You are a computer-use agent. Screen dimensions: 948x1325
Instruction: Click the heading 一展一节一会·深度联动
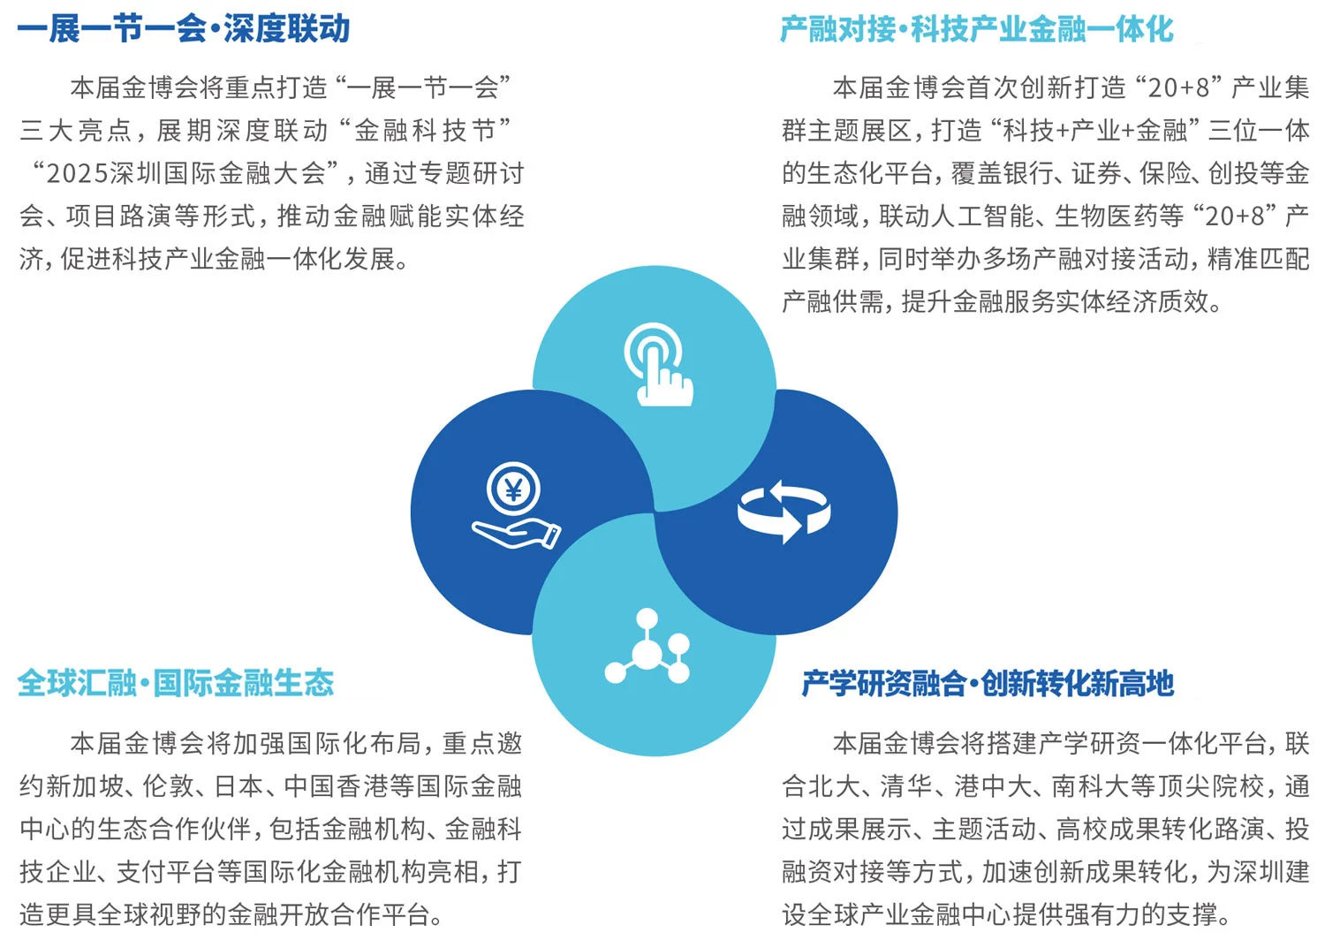[184, 29]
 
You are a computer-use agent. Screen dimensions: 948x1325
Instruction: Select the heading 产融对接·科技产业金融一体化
[976, 29]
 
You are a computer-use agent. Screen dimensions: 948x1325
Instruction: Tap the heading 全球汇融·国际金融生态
[176, 683]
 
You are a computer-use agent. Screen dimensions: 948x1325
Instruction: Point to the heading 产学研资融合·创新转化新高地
[988, 683]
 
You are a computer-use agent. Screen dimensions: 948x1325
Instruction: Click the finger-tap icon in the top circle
[658, 365]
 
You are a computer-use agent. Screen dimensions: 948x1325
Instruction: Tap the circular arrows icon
[784, 511]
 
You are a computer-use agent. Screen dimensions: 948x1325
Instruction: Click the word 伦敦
[168, 786]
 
